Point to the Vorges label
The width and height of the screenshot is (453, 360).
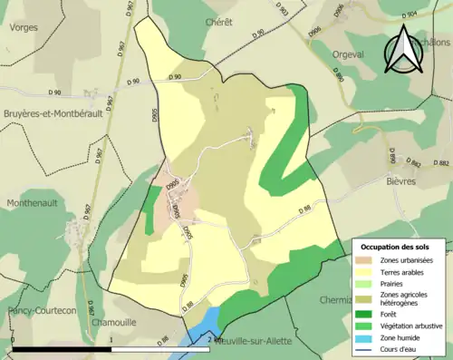click(24, 28)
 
